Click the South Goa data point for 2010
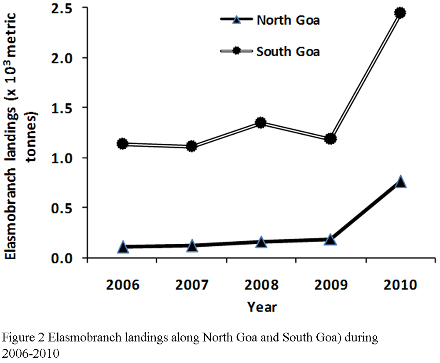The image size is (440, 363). pyautogui.click(x=400, y=13)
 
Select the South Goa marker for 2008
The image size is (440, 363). pyautogui.click(x=261, y=123)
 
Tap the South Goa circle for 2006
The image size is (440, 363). pyautogui.click(x=122, y=143)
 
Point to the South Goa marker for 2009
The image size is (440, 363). pyautogui.click(x=330, y=139)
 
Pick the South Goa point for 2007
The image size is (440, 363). pyautogui.click(x=192, y=146)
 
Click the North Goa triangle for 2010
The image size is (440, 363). pyautogui.click(x=400, y=182)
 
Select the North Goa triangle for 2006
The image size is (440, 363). pyautogui.click(x=123, y=247)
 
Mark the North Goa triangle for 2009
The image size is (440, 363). pyautogui.click(x=330, y=240)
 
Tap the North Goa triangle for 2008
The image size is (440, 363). pyautogui.click(x=261, y=242)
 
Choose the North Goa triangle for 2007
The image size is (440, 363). pyautogui.click(x=192, y=246)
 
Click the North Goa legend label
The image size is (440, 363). pyautogui.click(x=288, y=20)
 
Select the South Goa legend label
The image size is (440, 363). pyautogui.click(x=288, y=51)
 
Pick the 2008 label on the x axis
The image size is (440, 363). pyautogui.click(x=261, y=285)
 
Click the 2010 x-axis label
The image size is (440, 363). pyautogui.click(x=400, y=285)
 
